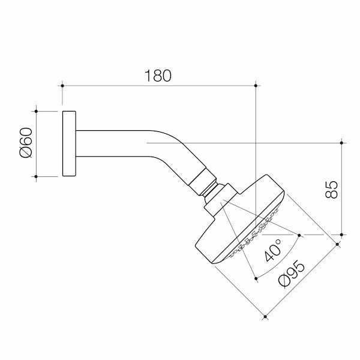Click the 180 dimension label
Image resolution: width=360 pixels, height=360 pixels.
coord(158,76)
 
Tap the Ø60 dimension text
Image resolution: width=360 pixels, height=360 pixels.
coord(26,143)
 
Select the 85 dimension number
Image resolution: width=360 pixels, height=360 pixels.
coord(332,190)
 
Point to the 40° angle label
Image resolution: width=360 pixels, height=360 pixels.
coord(273,250)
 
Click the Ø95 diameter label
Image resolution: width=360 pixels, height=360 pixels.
coord(292,274)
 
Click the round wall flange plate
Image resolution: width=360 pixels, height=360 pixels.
coord(69,144)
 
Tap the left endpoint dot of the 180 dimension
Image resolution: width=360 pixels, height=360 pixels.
coord(62,86)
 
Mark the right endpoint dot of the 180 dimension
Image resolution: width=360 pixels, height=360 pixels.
coord(256,86)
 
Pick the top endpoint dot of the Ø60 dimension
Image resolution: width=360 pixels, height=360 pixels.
coord(36,112)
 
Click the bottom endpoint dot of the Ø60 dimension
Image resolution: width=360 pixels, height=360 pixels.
coord(36,176)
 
